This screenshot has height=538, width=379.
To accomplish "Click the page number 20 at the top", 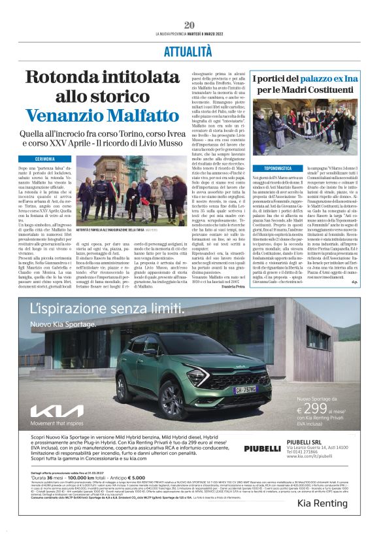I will tap(189, 25).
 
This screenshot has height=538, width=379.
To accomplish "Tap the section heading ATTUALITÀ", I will tap(189, 50).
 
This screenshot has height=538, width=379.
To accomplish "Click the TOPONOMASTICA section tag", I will tap(273, 168).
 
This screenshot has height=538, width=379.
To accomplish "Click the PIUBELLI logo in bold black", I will tap(263, 448).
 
